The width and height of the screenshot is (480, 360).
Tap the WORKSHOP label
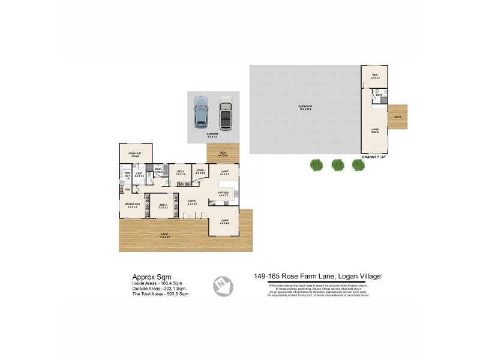(305, 107)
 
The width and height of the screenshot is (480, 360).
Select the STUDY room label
(200, 171)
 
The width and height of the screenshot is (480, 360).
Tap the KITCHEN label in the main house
(224, 193)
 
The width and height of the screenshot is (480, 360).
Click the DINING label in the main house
(192, 202)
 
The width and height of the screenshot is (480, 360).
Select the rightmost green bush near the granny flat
(358, 164)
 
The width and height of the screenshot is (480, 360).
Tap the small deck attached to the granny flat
(398, 118)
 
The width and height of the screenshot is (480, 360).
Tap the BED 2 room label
(163, 205)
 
